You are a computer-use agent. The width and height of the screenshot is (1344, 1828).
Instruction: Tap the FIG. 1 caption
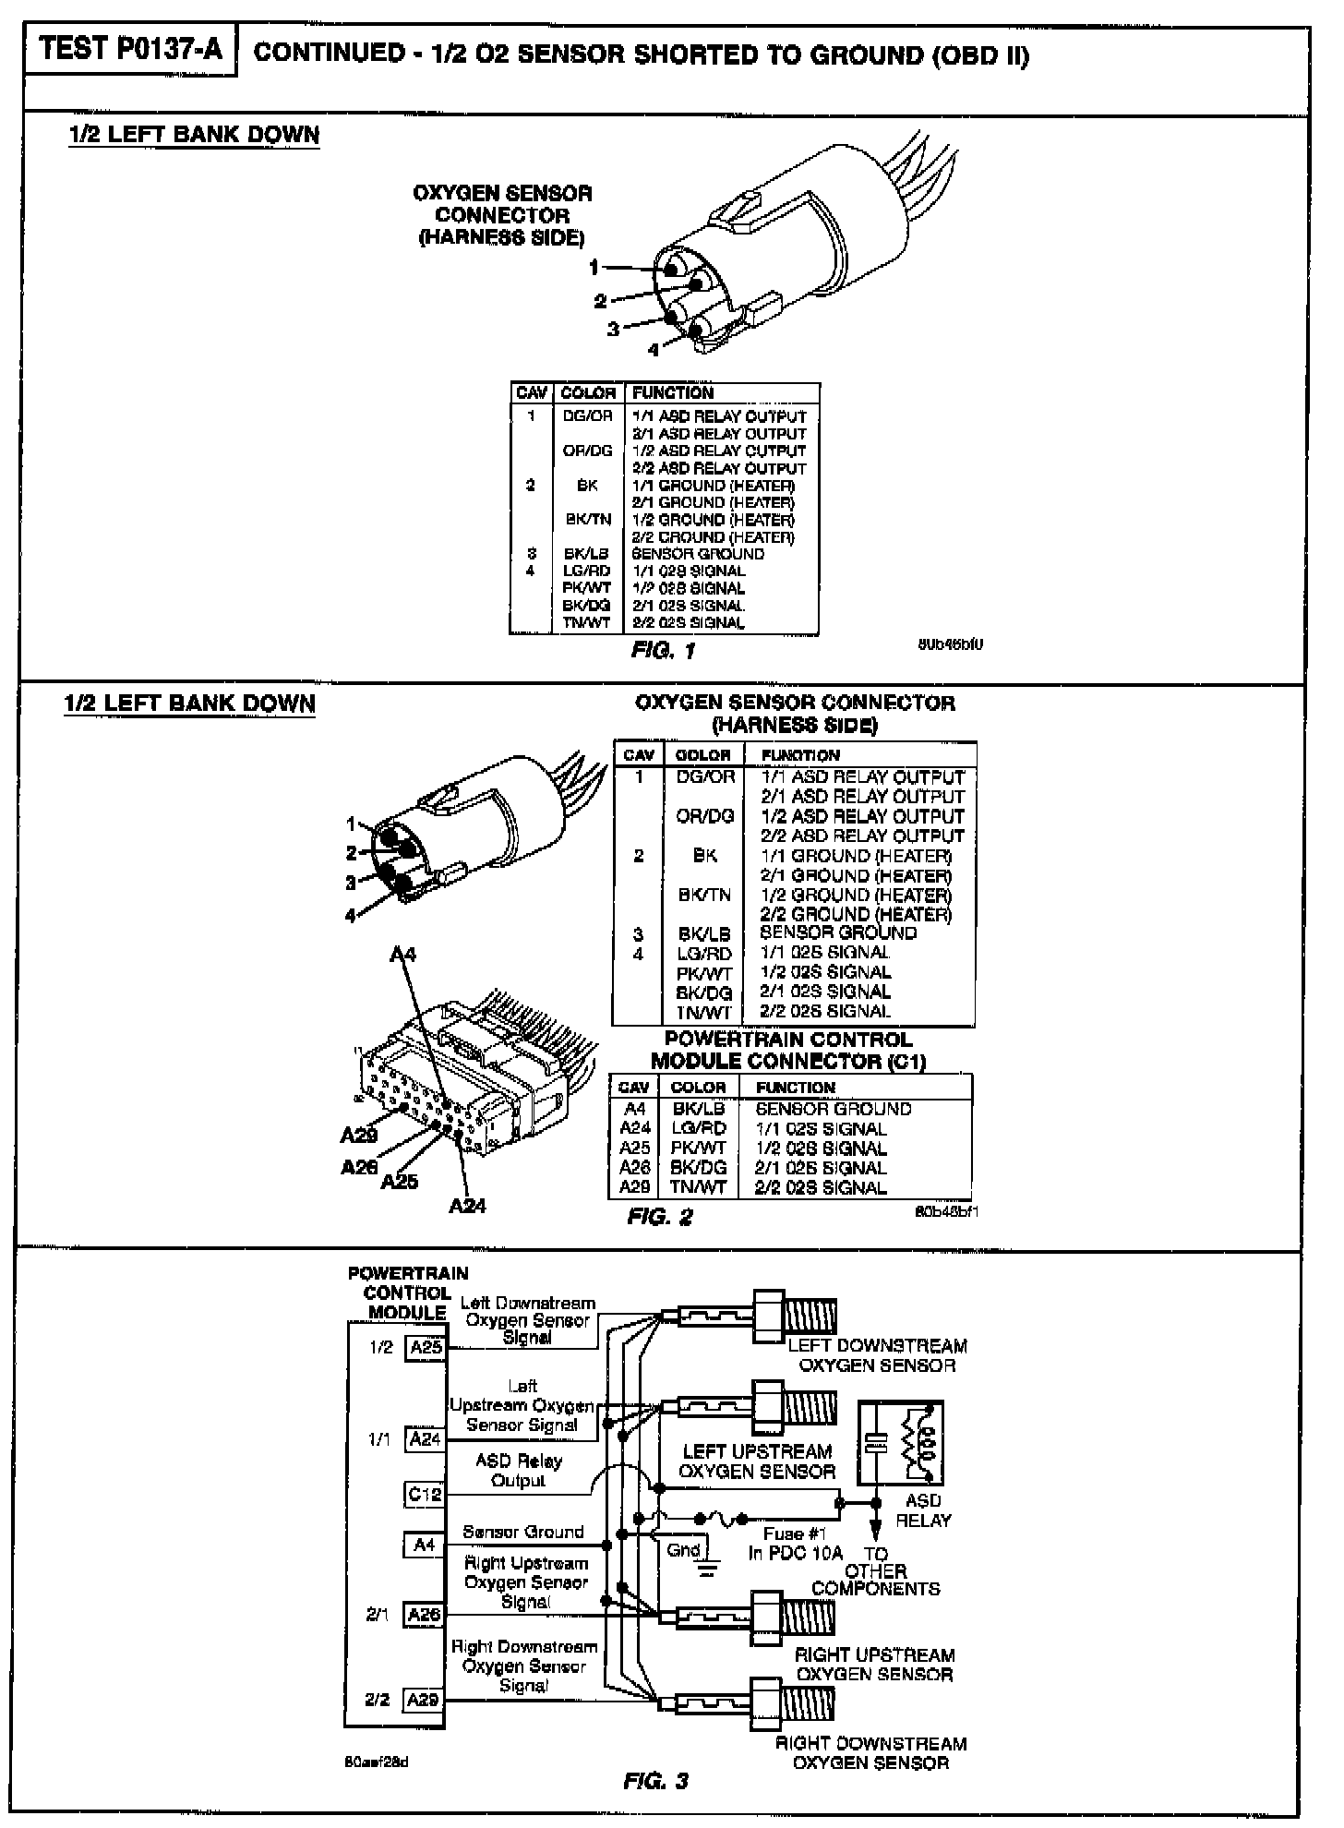663,651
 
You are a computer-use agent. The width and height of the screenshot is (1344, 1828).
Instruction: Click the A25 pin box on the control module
426,1347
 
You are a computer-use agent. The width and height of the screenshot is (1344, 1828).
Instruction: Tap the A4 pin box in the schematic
424,1545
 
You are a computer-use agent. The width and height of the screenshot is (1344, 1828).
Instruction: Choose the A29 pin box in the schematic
424,1700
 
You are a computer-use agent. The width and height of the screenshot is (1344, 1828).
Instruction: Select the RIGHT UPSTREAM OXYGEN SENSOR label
875,1665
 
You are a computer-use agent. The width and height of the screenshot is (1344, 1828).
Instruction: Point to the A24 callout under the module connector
467,1205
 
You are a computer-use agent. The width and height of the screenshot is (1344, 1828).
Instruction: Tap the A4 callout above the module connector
402,953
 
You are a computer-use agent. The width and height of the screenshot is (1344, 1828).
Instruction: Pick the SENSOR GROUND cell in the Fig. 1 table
698,554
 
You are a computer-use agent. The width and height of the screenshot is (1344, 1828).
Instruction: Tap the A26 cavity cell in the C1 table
635,1168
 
